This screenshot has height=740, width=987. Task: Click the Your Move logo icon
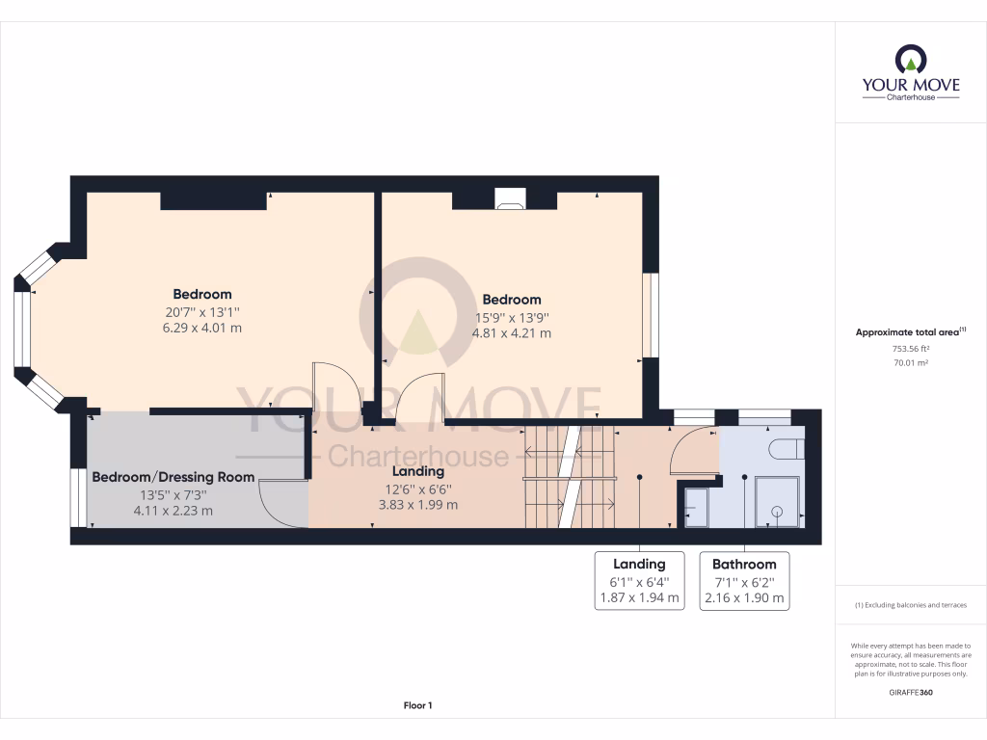(x=911, y=62)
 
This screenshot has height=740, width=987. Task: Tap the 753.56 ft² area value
(x=911, y=350)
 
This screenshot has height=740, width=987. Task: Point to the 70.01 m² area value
(x=911, y=363)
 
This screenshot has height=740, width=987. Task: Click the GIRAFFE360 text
(x=911, y=693)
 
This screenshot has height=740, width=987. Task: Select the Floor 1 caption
(x=417, y=706)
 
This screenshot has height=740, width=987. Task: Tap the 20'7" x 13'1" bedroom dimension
(x=202, y=311)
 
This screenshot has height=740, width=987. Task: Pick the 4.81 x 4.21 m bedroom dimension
(x=511, y=333)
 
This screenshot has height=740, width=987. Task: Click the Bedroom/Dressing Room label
(x=173, y=477)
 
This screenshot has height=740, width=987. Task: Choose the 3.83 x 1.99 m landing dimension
(x=417, y=504)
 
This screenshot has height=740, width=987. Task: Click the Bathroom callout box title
(x=744, y=564)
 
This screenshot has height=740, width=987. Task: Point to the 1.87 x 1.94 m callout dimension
(x=640, y=597)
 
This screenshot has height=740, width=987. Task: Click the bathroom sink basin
(x=695, y=505)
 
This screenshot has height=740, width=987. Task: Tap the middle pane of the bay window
(x=21, y=329)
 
